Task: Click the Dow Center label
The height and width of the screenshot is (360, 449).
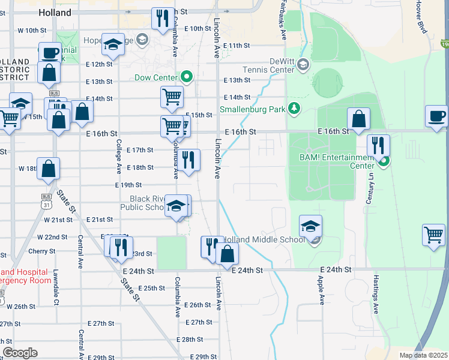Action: click(x=155, y=77)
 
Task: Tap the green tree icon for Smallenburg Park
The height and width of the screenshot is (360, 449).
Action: click(x=294, y=108)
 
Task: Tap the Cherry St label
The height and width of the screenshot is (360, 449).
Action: click(x=41, y=251)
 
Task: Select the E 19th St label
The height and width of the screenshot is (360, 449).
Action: click(x=128, y=185)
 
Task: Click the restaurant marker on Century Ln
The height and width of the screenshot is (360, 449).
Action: click(x=379, y=146)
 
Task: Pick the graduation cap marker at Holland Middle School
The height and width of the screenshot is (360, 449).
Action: click(x=310, y=226)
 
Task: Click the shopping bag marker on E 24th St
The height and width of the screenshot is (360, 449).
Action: click(x=228, y=254)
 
